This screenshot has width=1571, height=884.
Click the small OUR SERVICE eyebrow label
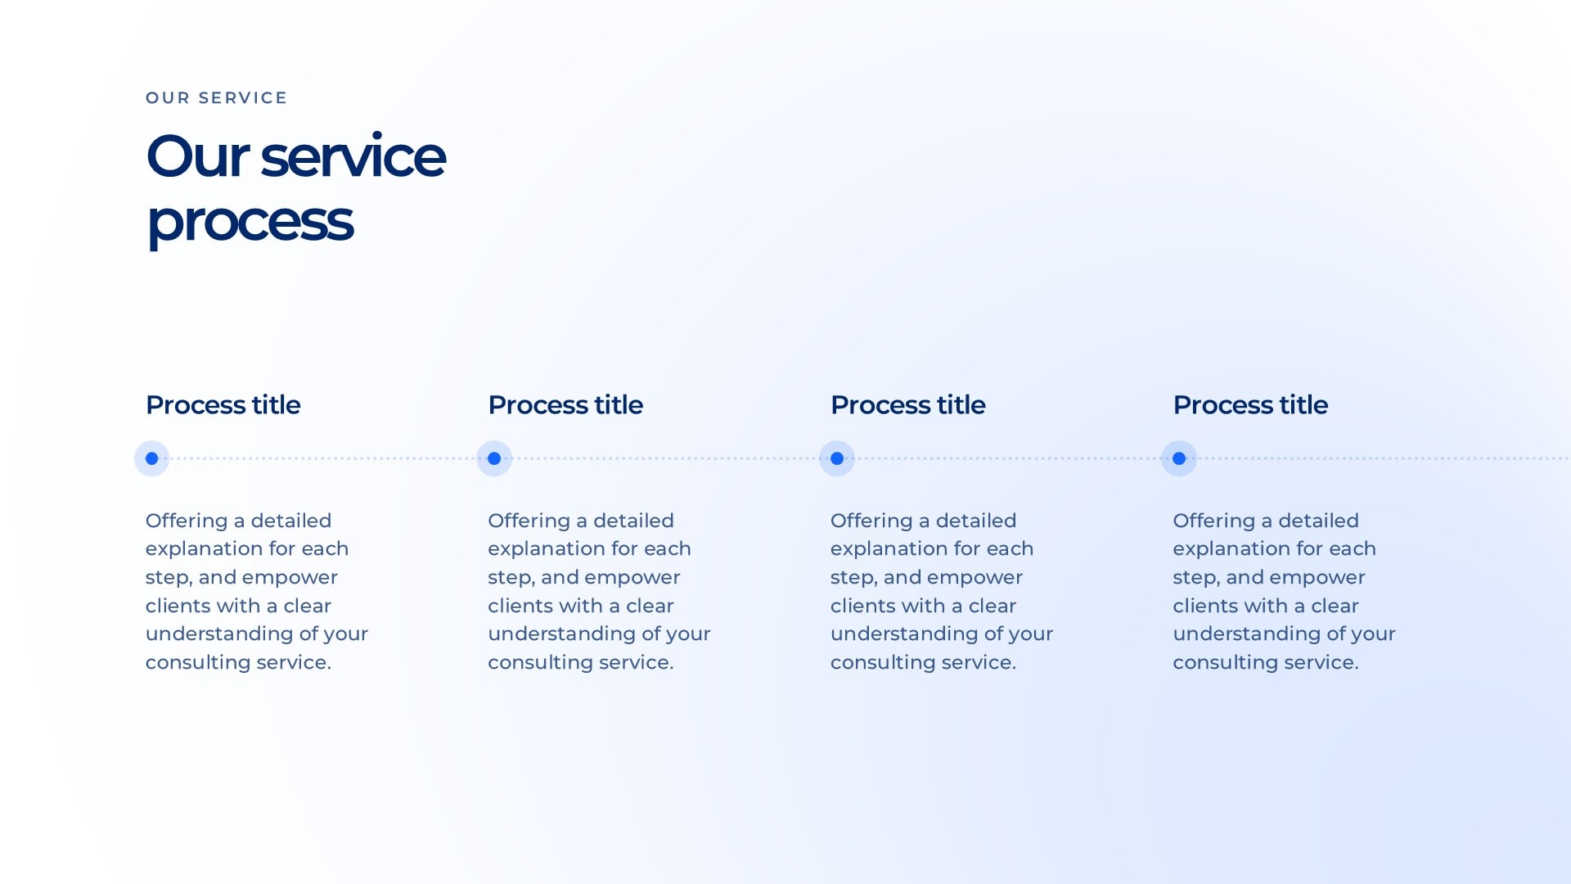coord(216,98)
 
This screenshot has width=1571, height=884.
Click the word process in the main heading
coord(250,222)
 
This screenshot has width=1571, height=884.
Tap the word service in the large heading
coord(353,156)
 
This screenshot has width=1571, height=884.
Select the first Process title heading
coord(223,405)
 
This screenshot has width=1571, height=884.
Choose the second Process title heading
coord(565,405)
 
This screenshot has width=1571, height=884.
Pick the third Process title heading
coord(908,405)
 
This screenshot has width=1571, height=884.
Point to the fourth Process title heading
coord(1250,405)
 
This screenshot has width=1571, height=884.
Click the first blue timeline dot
coord(151,458)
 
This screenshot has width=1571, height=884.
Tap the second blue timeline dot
coord(494,458)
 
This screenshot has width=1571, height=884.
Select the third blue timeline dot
coord(837,458)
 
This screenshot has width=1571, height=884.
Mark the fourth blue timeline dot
coord(1179,458)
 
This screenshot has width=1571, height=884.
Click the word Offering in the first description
coord(187,521)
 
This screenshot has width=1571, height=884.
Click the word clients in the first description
coord(179,606)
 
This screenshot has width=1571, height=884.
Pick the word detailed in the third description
coord(976,521)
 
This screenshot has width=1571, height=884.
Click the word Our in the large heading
coord(197,156)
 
